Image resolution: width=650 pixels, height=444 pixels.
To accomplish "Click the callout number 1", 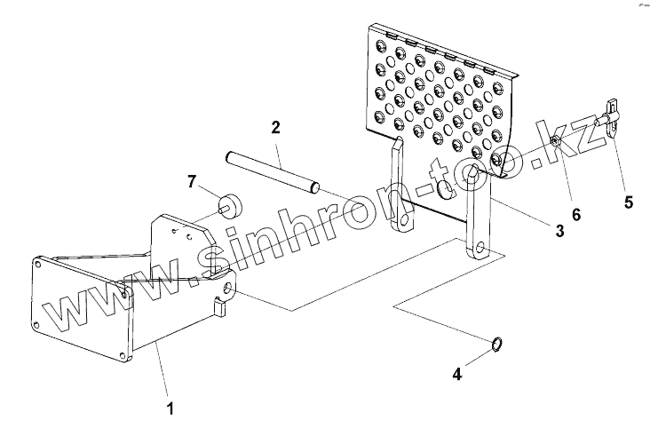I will [x=170, y=409].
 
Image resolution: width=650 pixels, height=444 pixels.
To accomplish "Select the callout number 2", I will [x=276, y=128].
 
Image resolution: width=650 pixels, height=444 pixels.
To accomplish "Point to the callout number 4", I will [x=457, y=374].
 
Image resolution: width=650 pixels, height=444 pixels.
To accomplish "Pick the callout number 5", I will [x=628, y=202].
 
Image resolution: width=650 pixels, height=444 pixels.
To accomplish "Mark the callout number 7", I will [x=191, y=182].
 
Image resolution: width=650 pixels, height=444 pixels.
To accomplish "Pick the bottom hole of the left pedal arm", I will [x=407, y=220].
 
